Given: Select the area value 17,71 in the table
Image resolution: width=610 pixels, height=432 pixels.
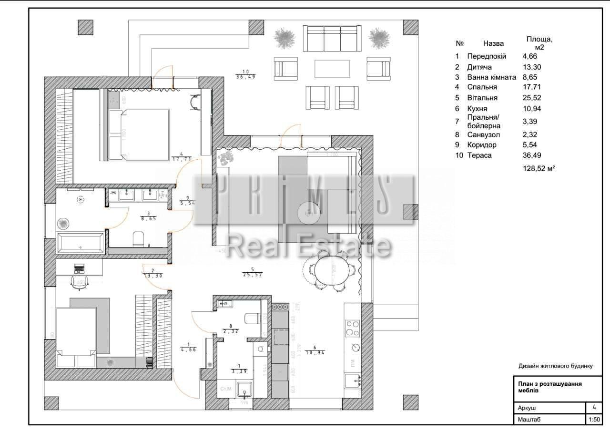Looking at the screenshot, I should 532,87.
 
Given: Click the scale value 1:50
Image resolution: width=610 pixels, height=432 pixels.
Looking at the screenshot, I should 593,420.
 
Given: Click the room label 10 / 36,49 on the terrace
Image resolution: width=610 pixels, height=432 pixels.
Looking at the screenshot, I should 245,74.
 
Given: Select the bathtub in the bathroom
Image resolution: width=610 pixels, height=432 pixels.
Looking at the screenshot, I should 80,243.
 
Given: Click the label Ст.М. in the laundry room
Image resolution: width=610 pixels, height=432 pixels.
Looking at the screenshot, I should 225,389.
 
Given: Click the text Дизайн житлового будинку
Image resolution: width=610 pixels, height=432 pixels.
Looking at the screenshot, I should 555,366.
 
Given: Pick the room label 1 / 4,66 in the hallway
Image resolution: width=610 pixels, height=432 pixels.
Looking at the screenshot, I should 189,347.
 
